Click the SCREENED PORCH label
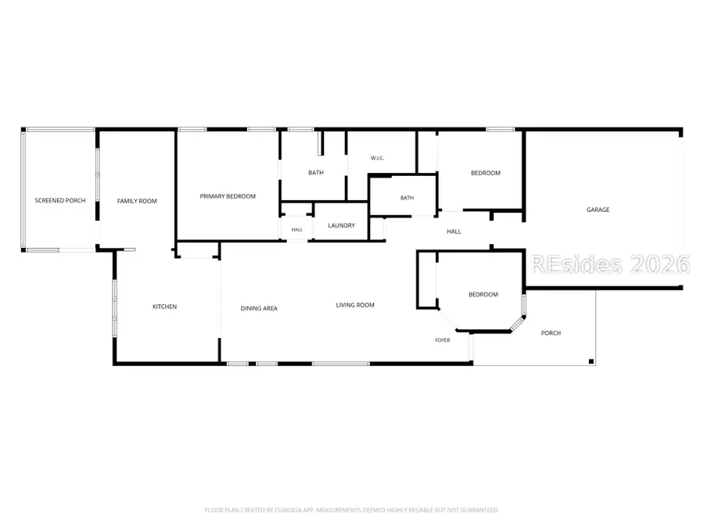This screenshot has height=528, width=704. click(60, 201)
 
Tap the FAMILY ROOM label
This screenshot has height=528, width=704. click(137, 201)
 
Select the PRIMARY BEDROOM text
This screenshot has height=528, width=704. click(228, 196)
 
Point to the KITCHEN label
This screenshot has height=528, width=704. click(165, 307)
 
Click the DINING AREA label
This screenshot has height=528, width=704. click(259, 308)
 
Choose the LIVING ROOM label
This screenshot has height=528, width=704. click(355, 305)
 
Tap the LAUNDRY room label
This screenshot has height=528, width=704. click(342, 225)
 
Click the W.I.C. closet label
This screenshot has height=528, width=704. click(377, 158)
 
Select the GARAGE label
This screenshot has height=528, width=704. click(598, 210)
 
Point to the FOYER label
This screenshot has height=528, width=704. click(443, 340)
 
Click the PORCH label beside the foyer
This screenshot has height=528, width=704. click(551, 333)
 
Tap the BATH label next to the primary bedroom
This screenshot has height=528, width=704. click(316, 172)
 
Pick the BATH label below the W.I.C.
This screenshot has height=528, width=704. click(408, 198)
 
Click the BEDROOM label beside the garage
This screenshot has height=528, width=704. click(486, 173)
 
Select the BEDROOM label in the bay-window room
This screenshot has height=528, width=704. click(483, 295)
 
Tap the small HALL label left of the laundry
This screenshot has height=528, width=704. click(296, 230)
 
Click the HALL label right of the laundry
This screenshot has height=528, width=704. click(454, 232)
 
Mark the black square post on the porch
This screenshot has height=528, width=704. click(591, 361)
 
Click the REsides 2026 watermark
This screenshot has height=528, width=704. click(611, 264)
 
